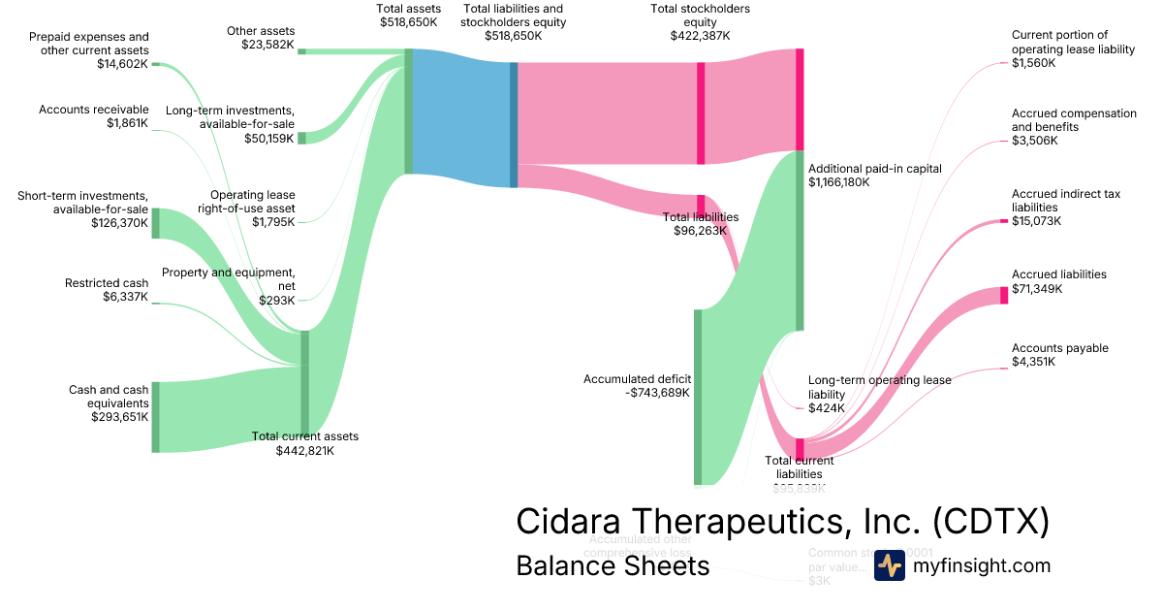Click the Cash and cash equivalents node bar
(155, 417)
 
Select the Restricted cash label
(107, 283)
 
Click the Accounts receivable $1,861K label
(94, 116)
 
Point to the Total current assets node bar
(305, 387)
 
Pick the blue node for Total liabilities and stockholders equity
(514, 124)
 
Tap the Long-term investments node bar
(301, 138)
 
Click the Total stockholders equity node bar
(701, 113)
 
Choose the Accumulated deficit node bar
(697, 397)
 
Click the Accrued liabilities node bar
(1004, 296)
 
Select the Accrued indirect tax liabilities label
(1066, 207)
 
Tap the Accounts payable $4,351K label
(1060, 355)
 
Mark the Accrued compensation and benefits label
(1074, 126)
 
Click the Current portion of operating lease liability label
(1073, 48)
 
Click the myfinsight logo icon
(889, 564)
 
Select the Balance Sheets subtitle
(613, 565)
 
